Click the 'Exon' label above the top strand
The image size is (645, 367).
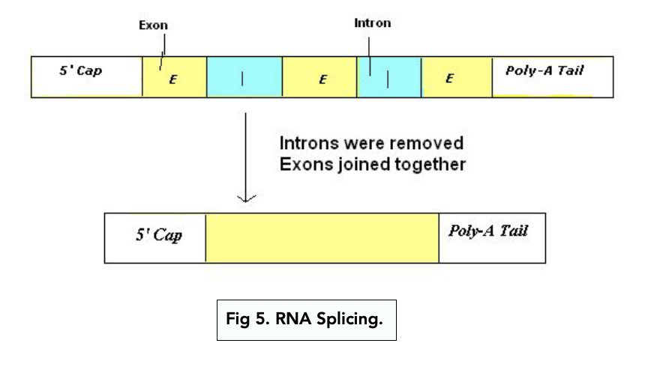click(x=153, y=25)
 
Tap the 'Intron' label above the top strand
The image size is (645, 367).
click(x=372, y=23)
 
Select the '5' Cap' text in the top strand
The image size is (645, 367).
click(x=80, y=73)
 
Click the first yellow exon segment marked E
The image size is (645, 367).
click(x=173, y=78)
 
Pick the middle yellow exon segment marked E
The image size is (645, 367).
click(x=321, y=78)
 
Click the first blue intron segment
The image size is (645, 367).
click(x=244, y=78)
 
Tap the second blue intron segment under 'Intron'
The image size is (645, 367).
click(x=389, y=78)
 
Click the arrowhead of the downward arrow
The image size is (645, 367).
click(x=247, y=199)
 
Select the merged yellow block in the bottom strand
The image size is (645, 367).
click(x=322, y=236)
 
